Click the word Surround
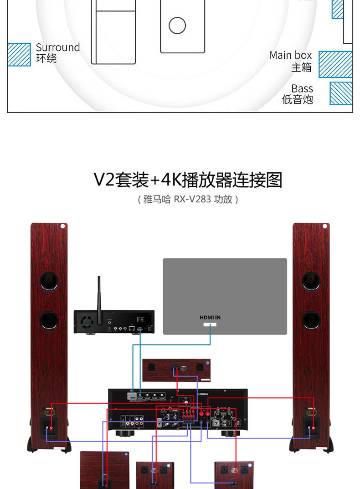click(x=57, y=47)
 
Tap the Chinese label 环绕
click(x=46, y=59)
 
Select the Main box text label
click(x=290, y=55)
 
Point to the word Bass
click(x=302, y=88)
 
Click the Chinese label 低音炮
click(x=298, y=99)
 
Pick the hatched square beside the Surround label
click(x=19, y=55)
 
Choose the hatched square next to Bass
click(x=341, y=93)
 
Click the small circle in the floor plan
click(x=177, y=26)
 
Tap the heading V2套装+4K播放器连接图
click(x=188, y=180)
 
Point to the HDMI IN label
click(x=210, y=317)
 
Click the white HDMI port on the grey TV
click(x=210, y=325)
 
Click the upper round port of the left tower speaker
click(x=49, y=281)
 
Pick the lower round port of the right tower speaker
click(x=311, y=320)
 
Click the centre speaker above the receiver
click(x=176, y=369)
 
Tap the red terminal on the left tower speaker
click(x=51, y=428)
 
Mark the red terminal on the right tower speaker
click(x=313, y=428)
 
